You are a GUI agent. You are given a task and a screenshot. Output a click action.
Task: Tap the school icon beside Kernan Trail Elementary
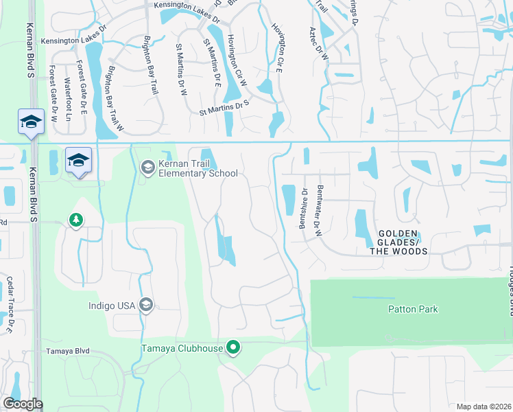(x=147, y=167)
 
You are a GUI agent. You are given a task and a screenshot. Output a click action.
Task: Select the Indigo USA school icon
(x=145, y=305)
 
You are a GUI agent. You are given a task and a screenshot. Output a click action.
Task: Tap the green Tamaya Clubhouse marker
(x=233, y=348)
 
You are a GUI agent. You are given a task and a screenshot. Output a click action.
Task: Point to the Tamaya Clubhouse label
(x=182, y=348)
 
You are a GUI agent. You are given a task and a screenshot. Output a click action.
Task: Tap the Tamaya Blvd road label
(x=68, y=351)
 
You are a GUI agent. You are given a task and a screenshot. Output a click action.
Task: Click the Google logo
(x=22, y=404)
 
